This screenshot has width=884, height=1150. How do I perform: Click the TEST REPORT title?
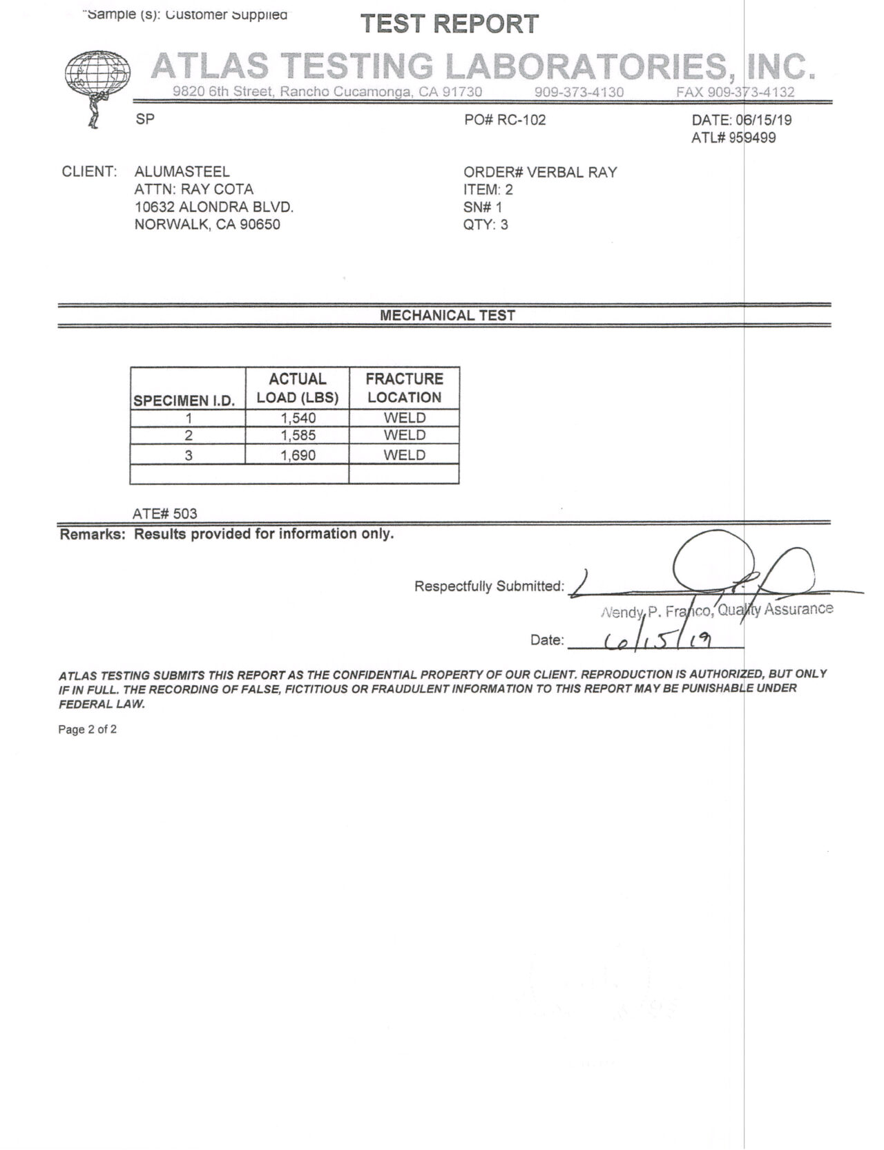450,24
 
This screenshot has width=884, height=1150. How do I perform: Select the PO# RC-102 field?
505,120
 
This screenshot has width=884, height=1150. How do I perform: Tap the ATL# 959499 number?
733,138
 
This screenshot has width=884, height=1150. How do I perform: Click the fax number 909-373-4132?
736,93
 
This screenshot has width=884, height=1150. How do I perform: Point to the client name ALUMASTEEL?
182,172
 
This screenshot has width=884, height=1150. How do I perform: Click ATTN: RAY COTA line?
194,189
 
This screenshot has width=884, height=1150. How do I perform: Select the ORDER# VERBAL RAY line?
540,172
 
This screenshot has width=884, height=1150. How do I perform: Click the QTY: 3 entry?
486,224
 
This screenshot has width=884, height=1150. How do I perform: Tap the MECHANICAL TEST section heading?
448,316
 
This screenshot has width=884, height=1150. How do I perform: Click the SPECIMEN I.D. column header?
184,401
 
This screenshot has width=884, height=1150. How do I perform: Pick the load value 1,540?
298,418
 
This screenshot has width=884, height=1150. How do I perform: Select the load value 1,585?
298,436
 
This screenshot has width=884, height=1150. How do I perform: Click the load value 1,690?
298,455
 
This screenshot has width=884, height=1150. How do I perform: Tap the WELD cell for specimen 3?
405,455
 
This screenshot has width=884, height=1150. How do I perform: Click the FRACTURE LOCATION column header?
404,388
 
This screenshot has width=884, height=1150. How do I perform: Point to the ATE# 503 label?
165,514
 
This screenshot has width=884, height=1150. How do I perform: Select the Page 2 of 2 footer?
88,729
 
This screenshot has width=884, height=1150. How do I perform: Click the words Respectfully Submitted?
489,586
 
